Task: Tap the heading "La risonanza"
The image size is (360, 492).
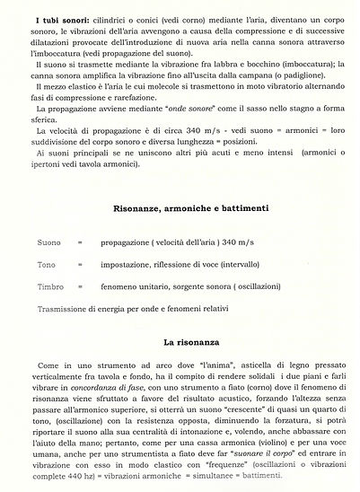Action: point(179,342)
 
